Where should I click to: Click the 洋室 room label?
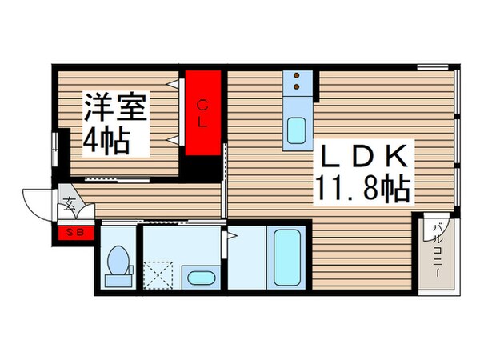coord(116,107)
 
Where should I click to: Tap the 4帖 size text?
coord(107,142)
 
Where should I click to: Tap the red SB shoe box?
coord(76,233)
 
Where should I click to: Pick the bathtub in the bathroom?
coord(286,258)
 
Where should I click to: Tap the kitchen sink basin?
coord(297,130)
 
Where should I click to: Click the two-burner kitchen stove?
coord(297,80)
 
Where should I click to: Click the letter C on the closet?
coord(203,103)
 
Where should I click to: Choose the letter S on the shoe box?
coord(70,233)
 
